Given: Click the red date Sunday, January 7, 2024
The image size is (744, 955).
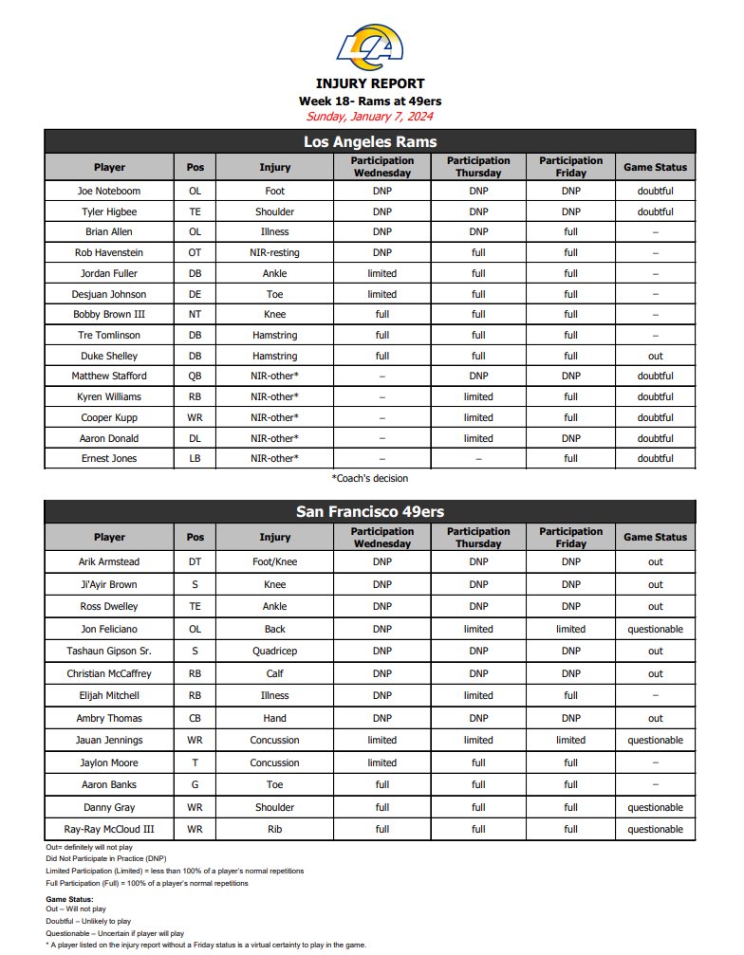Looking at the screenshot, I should click(x=370, y=117).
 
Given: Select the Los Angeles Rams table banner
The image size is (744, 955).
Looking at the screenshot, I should click(x=370, y=141).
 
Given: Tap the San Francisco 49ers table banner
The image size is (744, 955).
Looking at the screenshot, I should click(x=370, y=511).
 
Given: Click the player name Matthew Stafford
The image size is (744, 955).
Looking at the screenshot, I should click(x=109, y=376).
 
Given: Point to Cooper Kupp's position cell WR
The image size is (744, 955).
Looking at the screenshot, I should click(x=195, y=417).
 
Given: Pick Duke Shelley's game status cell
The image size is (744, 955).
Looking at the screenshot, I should click(x=655, y=356).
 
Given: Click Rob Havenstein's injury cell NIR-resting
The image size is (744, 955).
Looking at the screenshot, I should click(x=275, y=252).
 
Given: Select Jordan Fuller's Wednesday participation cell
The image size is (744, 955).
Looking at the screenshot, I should click(x=381, y=273).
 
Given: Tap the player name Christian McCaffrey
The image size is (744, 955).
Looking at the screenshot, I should click(x=109, y=673).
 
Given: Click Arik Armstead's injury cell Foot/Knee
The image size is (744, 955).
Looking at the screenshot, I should click(x=275, y=561).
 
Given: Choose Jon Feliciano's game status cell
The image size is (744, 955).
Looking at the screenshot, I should click(x=655, y=629).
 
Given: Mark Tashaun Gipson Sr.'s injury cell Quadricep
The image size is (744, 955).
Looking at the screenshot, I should click(x=275, y=652).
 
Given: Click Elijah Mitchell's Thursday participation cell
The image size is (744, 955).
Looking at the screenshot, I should click(x=478, y=695).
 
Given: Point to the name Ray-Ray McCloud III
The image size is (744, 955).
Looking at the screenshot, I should click(x=109, y=829).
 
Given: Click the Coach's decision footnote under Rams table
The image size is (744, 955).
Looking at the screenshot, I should click(x=370, y=479).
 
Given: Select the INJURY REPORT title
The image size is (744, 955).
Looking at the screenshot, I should click(x=370, y=83).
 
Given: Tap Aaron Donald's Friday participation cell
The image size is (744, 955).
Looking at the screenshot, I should click(x=570, y=438).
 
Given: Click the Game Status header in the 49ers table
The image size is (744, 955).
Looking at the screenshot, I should click(x=655, y=537).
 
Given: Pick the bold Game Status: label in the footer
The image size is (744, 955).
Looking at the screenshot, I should click(x=69, y=899).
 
